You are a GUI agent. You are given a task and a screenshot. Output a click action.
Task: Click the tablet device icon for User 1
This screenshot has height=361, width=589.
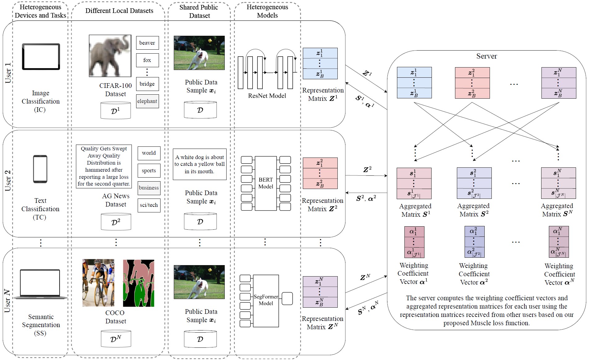click(41, 57)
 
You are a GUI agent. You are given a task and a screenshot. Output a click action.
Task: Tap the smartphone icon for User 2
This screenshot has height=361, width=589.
click(40, 169)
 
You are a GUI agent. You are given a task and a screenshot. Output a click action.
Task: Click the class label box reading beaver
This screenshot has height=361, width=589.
click(147, 43)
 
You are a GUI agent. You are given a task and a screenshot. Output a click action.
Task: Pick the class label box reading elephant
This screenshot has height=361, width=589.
click(147, 101)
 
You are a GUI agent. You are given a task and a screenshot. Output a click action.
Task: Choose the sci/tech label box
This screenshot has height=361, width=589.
click(149, 205)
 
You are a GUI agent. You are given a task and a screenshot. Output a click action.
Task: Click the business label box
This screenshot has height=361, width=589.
click(149, 188)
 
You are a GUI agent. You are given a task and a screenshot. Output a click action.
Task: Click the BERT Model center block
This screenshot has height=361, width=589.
click(265, 183)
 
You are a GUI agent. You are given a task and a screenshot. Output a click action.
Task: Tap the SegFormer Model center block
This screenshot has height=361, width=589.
click(266, 301)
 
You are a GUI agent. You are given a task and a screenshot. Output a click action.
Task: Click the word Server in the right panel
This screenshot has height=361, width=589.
click(487, 56)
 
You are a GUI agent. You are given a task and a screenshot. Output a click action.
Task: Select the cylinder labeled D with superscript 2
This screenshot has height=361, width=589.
click(116, 222)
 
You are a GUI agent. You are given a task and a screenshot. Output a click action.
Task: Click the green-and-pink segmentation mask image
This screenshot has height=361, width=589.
click(138, 283)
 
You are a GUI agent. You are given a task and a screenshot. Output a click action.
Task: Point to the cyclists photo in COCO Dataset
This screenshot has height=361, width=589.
click(98, 283)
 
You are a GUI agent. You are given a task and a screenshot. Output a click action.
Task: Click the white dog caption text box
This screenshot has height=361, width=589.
click(199, 164)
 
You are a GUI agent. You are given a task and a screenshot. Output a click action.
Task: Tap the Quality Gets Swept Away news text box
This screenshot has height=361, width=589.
click(104, 166)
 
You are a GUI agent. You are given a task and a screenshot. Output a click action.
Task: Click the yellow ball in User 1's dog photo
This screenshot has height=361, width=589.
click(210, 40)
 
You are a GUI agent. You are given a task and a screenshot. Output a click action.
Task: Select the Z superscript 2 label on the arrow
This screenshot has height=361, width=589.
click(367, 170)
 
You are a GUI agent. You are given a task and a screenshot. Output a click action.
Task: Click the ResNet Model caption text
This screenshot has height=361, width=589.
click(267, 96)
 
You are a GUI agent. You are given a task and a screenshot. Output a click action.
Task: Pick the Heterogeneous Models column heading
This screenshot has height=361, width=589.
click(267, 11)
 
